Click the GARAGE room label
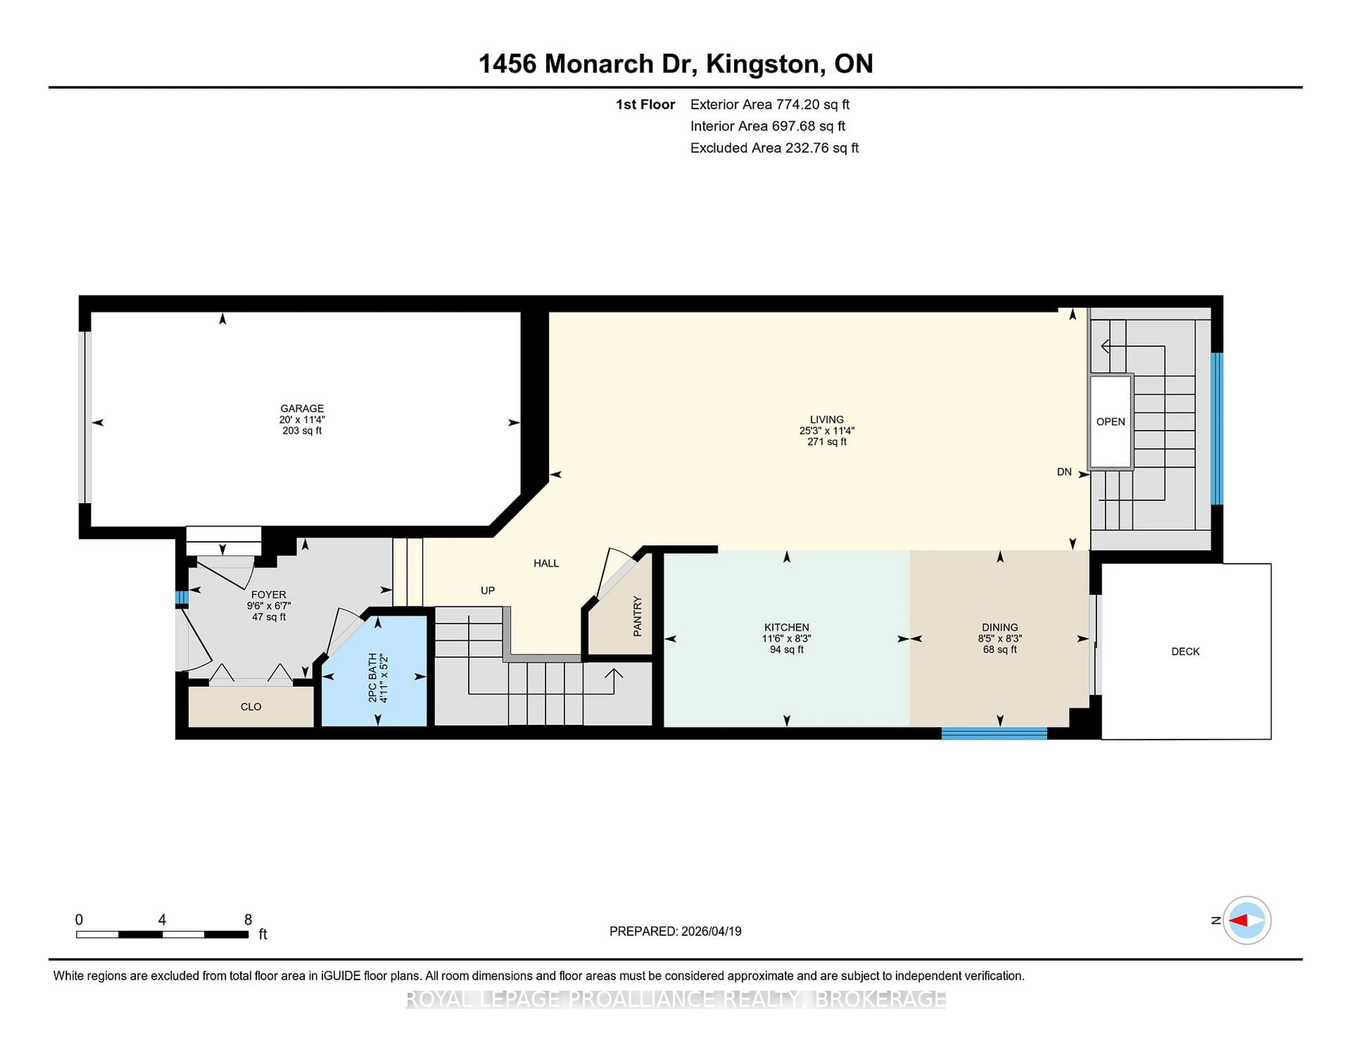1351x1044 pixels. pos(302,408)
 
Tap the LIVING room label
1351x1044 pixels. pos(826,419)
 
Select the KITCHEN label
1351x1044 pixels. pos(786,627)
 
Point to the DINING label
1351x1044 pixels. pos(1000,627)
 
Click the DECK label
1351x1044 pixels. pos(1185,651)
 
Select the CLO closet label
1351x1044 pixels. pos(250,706)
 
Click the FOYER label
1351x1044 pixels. pos(268,595)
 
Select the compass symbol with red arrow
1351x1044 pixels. pos(1247,920)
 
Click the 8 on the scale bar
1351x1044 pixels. pos(248,920)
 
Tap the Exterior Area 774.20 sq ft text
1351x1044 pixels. pos(769,104)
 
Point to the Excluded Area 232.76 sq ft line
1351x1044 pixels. pos(774,148)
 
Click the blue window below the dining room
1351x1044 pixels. pos(994,733)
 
